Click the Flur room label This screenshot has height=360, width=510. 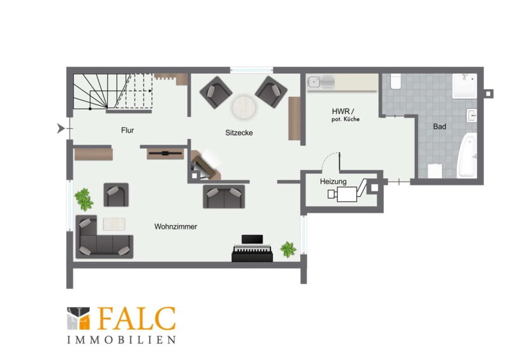pos(127,131)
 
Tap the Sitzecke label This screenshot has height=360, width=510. pos(239,133)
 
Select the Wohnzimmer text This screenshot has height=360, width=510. pos(176,227)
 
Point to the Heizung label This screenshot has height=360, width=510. pos(333,182)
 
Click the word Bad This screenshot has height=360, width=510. pos(439,127)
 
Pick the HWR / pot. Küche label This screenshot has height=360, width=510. pos(345,115)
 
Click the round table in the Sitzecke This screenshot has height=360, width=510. pos(244,107)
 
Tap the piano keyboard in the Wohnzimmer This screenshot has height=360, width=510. pos(252,248)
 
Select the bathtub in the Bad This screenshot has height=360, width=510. pos(467,155)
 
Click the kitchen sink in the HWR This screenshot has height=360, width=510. pos(321,82)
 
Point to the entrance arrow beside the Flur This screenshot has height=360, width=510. pos(61,129)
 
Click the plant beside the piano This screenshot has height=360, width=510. pos(288,249)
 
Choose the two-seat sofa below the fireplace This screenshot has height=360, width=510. pos(224,197)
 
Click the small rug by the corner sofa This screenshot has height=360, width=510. pos(114,224)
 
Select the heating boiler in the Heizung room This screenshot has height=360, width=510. pos(347,194)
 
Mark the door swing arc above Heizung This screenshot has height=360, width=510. pos(329,157)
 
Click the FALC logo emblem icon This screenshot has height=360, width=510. pos(78,319)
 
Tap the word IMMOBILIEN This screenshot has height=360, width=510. pos(121,340)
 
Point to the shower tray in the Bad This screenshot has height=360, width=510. pos(465,86)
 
